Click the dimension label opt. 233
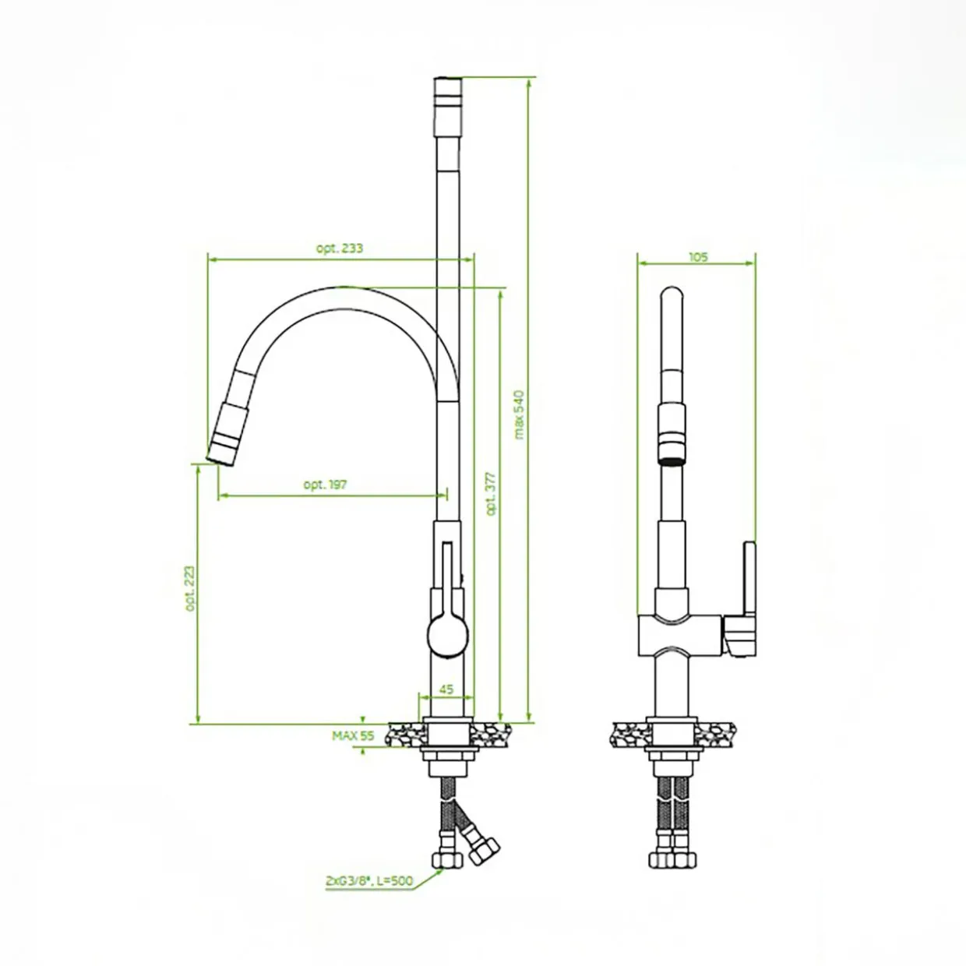click(340, 249)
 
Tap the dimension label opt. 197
click(325, 485)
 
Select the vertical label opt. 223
click(190, 588)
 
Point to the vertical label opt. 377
click(491, 494)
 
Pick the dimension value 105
click(698, 256)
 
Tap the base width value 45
click(446, 689)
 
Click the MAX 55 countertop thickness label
click(353, 735)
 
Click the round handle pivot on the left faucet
click(448, 636)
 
